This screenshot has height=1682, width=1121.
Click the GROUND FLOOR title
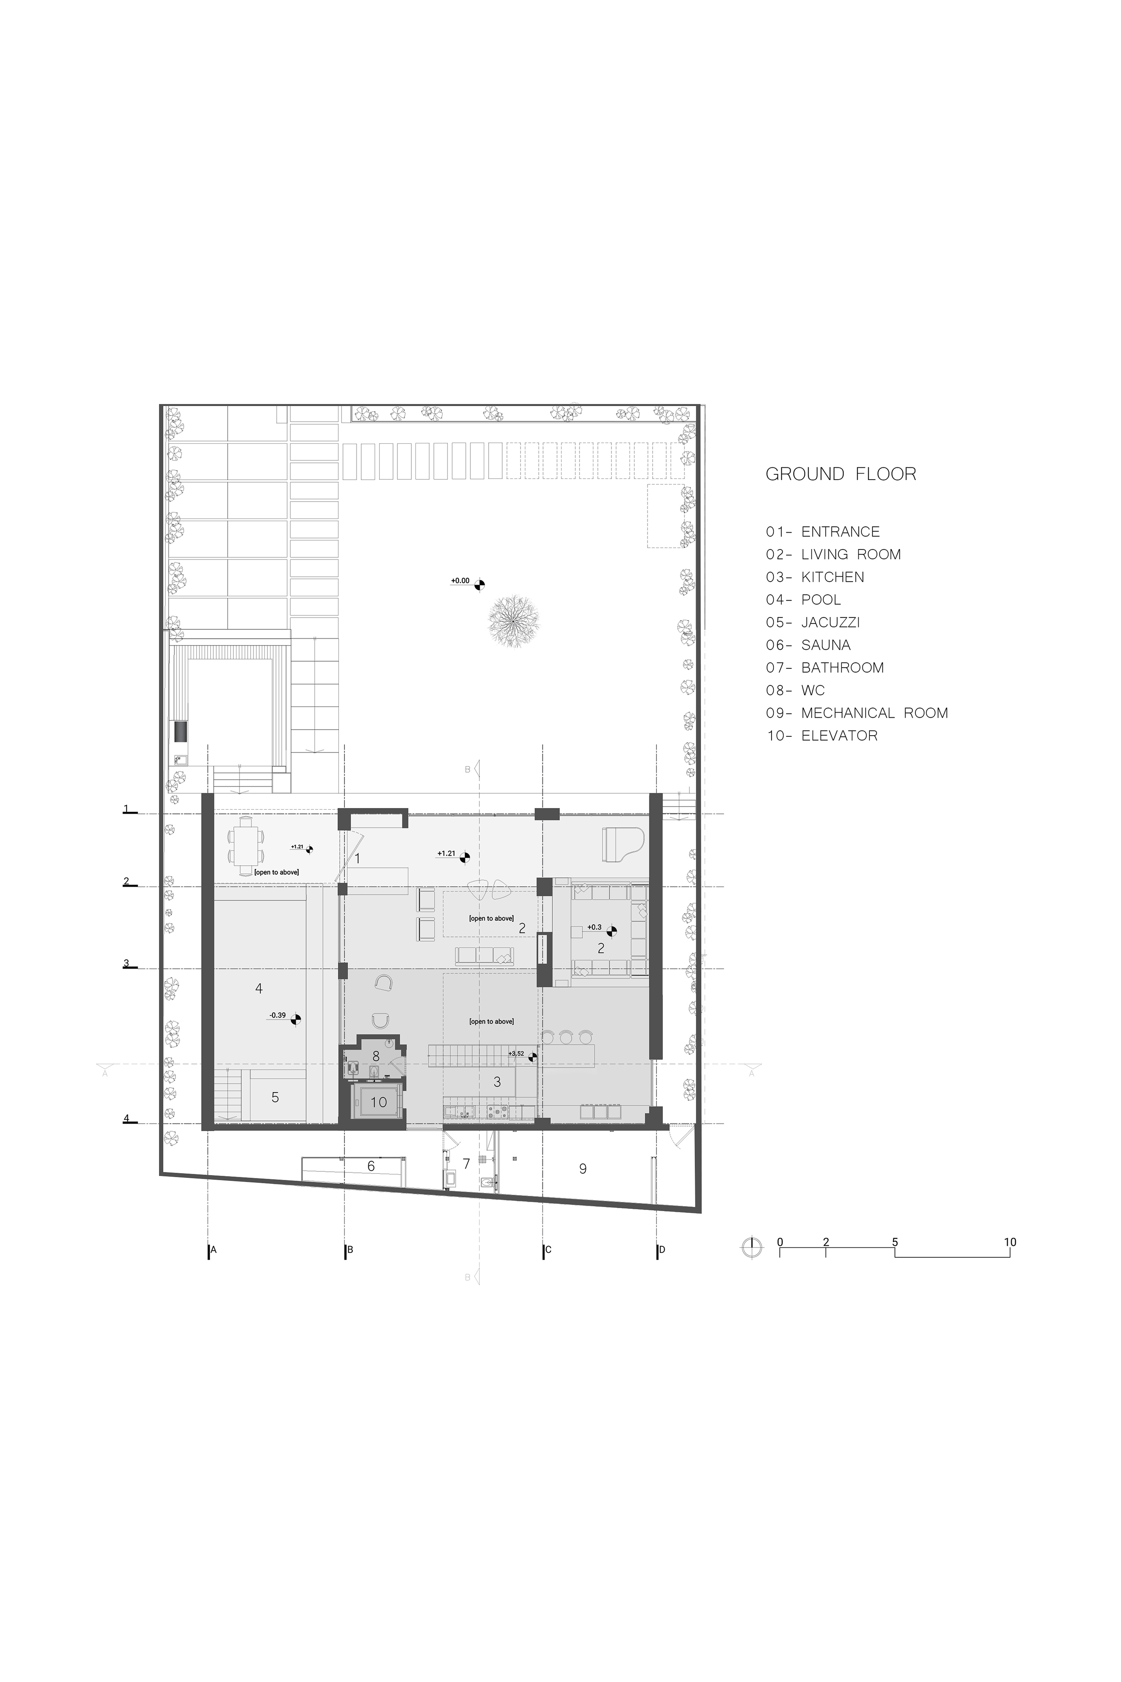pos(841,474)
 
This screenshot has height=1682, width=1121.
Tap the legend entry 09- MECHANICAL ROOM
pos(857,713)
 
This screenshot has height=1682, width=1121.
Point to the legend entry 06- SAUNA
pos(808,645)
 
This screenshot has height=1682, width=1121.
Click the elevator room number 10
pos(378,1102)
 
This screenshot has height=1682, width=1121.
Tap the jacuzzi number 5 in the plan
pos(275,1097)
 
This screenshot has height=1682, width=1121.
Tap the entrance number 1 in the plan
pos(357,858)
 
